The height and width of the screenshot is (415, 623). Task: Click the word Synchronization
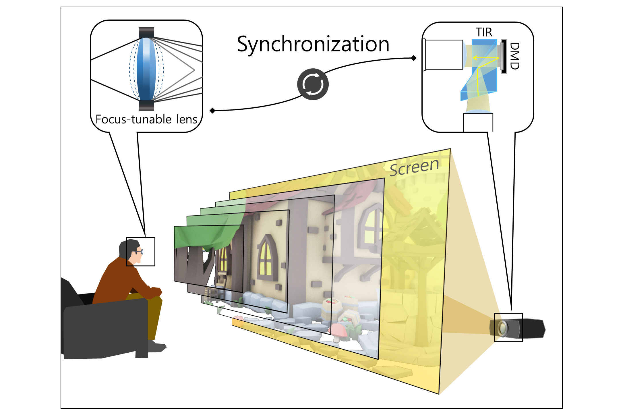[x=313, y=45]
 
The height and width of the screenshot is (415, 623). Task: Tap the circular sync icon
[x=313, y=84]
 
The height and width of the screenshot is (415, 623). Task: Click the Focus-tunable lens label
[x=146, y=119]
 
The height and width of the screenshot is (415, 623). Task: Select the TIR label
[x=484, y=32]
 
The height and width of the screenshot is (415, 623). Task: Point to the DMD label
[x=515, y=56]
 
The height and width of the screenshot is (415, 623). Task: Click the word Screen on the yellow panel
[x=414, y=167]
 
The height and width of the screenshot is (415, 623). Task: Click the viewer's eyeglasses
[x=140, y=252]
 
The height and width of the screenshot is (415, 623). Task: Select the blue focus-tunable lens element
[x=146, y=69]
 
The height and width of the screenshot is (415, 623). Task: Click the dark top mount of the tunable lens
[x=146, y=32]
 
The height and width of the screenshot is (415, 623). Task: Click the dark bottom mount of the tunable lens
[x=146, y=105]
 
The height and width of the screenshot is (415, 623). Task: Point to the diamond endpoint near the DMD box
[x=414, y=58]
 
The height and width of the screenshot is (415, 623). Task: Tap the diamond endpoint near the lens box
[x=212, y=111]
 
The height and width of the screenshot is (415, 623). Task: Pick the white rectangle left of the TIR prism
[x=444, y=55]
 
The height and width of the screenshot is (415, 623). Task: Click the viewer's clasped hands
[x=155, y=292]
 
